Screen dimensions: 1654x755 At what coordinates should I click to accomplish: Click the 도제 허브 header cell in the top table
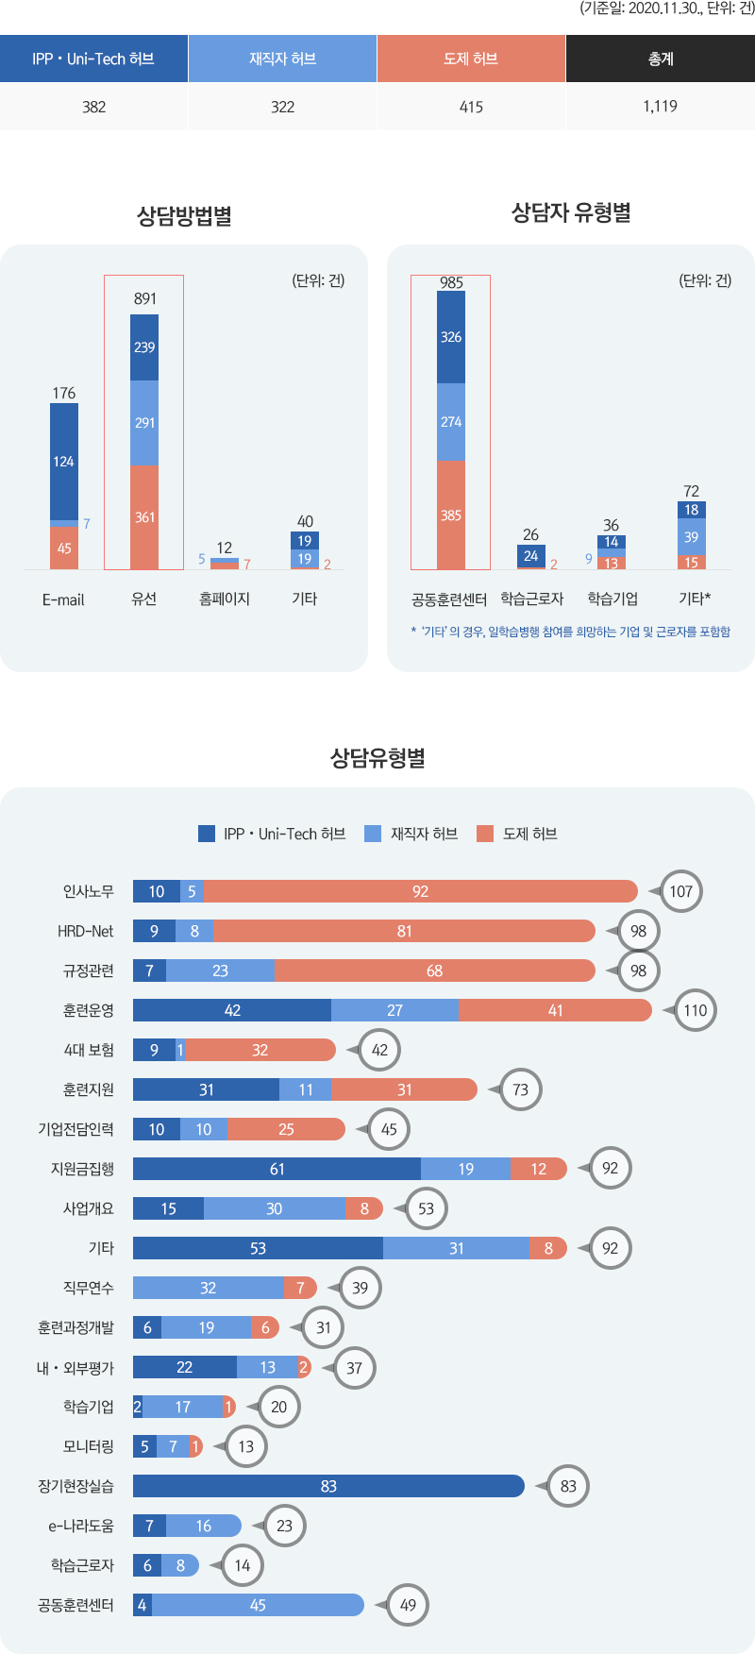471,59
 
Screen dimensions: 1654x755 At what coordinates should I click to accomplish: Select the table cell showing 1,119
660,106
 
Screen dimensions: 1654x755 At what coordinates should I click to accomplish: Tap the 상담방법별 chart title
184,216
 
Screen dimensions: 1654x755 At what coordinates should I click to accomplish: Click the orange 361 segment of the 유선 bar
144,517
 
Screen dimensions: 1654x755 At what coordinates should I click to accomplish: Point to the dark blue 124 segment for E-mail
64,462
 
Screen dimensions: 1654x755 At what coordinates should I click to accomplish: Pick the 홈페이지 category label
225,599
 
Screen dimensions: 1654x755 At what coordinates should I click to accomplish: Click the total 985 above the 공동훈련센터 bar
451,282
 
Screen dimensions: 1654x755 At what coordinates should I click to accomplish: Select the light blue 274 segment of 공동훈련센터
451,422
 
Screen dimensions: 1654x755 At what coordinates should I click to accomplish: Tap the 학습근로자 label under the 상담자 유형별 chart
532,599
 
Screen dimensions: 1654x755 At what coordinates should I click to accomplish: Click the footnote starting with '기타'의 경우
571,632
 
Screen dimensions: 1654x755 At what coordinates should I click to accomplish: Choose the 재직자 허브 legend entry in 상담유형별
412,834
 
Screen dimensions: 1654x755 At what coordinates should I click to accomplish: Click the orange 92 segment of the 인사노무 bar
420,891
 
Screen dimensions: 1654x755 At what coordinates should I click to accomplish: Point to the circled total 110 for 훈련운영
696,1010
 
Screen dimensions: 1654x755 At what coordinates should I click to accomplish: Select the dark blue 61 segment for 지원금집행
277,1169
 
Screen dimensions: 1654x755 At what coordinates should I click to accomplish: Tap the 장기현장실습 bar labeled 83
328,1486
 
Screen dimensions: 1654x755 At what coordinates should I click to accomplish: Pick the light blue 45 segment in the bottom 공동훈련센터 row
258,1605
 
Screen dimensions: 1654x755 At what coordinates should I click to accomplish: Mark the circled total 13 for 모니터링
246,1446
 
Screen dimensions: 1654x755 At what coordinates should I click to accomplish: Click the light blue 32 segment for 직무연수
209,1288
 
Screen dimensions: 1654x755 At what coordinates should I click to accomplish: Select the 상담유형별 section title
377,758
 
